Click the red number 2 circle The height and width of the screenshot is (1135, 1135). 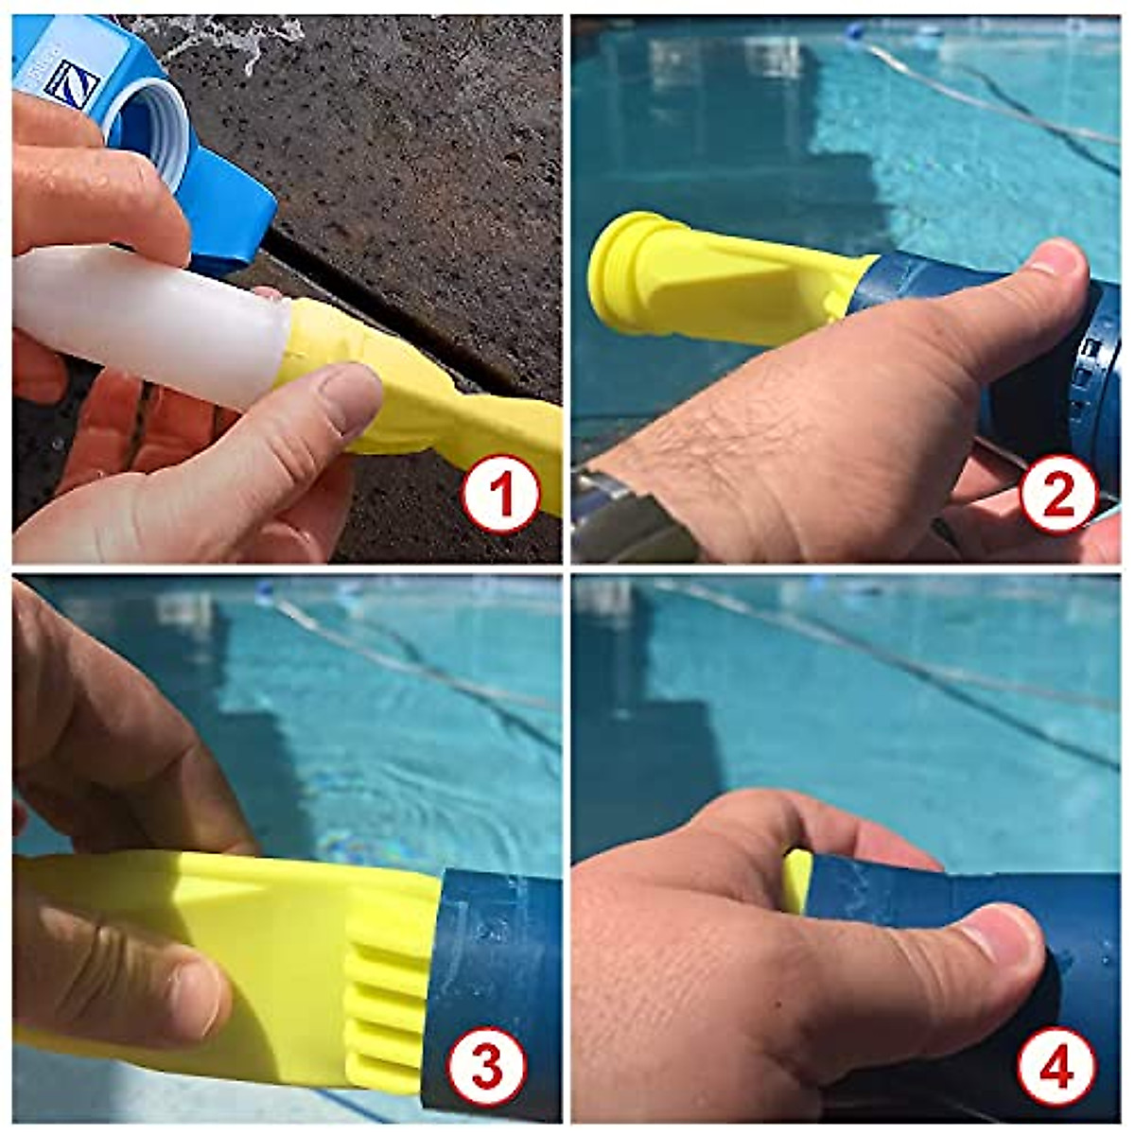pos(1058,493)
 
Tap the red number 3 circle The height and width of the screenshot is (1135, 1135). pos(486,1067)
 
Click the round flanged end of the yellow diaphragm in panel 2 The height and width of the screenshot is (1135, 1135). pos(615,274)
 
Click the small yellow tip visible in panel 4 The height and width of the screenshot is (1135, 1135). pos(797,880)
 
